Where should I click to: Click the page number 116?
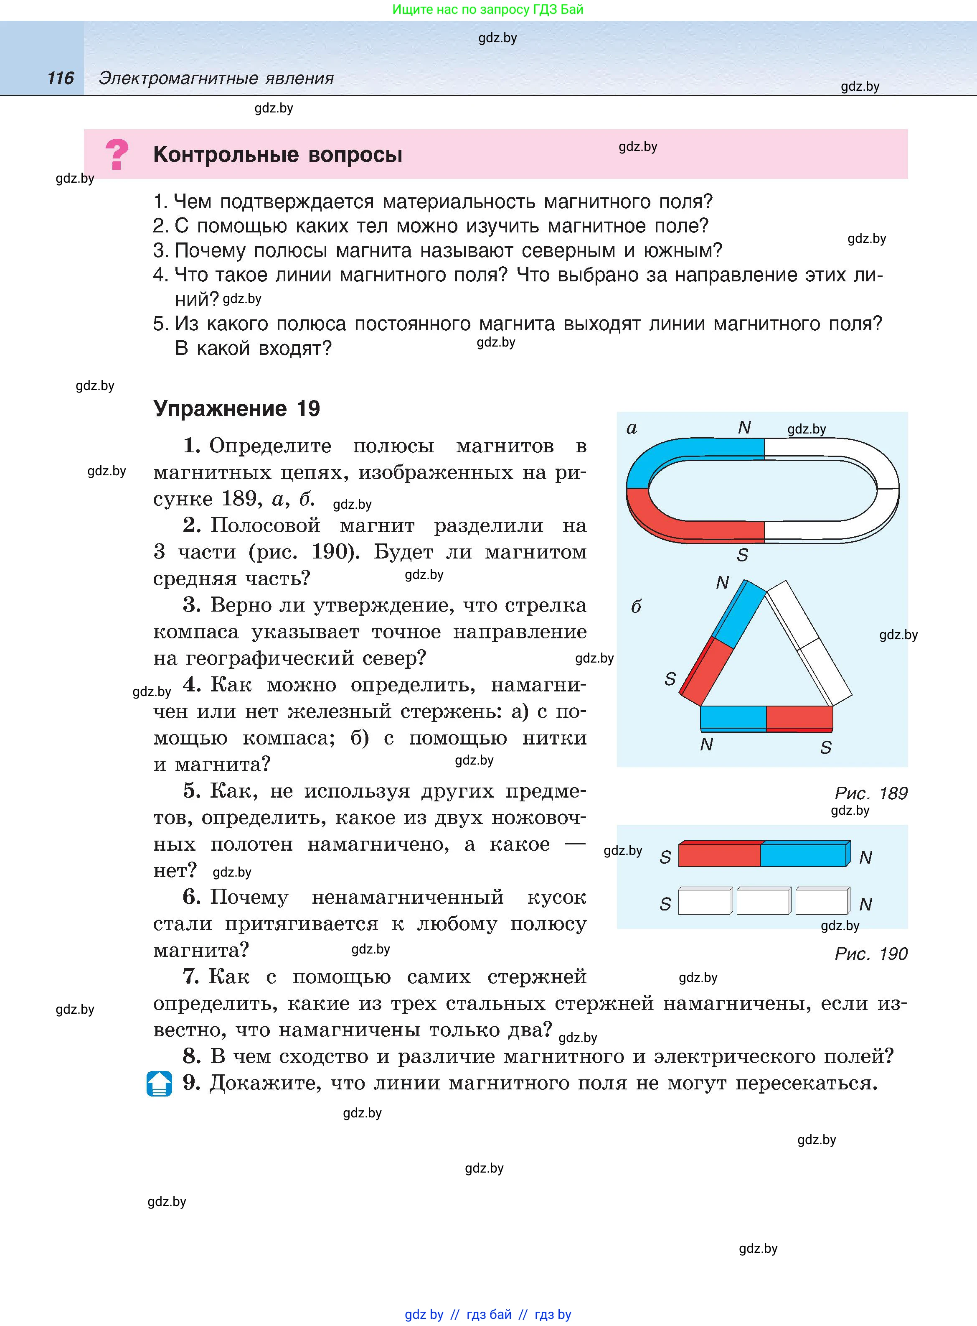[x=60, y=78]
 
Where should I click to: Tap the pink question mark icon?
[x=117, y=154]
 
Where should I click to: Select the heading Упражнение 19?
[x=236, y=408]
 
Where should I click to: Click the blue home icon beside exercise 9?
[x=159, y=1084]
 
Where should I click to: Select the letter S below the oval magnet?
[x=743, y=555]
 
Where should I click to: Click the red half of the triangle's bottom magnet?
[x=799, y=717]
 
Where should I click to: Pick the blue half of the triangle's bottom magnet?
[x=733, y=717]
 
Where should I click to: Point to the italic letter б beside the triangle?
[x=636, y=607]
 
